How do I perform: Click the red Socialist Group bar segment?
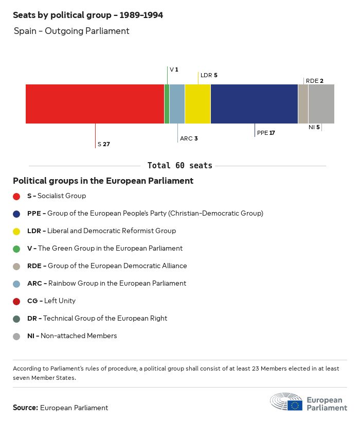pyautogui.click(x=95, y=104)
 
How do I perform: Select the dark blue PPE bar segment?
pyautogui.click(x=254, y=104)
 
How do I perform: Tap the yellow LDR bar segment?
pyautogui.click(x=197, y=104)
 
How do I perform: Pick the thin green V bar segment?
pyautogui.click(x=167, y=104)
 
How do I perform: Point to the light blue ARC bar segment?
pyautogui.click(x=177, y=104)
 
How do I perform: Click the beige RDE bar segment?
pyautogui.click(x=303, y=104)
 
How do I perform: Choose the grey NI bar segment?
pyautogui.click(x=321, y=104)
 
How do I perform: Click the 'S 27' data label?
pyautogui.click(x=104, y=144)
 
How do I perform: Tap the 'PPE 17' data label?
pyautogui.click(x=266, y=133)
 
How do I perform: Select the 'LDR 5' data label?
pyautogui.click(x=209, y=75)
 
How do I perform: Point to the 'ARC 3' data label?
pyautogui.click(x=189, y=138)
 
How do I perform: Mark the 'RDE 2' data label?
pyautogui.click(x=314, y=81)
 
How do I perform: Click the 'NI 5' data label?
pyautogui.click(x=314, y=127)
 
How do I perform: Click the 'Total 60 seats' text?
pyautogui.click(x=180, y=166)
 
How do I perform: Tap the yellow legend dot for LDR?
pyautogui.click(x=16, y=231)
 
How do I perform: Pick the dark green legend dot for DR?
pyautogui.click(x=16, y=319)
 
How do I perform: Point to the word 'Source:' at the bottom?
pyautogui.click(x=25, y=408)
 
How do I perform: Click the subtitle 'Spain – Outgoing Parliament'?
pyautogui.click(x=71, y=31)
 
